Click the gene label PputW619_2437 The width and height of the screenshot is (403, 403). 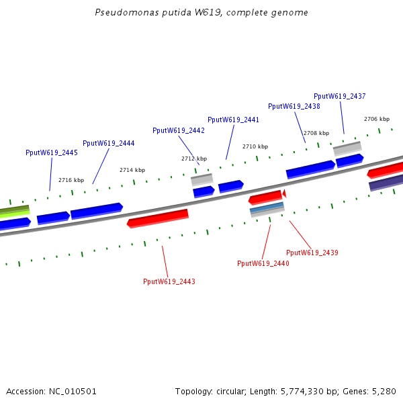(339, 96)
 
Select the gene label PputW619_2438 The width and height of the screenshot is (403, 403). (294, 106)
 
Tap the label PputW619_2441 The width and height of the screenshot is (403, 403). (233, 120)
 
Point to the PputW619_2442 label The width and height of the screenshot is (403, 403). (178, 130)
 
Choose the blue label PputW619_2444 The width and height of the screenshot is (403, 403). (108, 143)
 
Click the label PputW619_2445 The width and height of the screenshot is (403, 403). (51, 152)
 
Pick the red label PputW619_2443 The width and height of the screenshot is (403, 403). (169, 281)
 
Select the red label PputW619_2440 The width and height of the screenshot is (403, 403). (263, 263)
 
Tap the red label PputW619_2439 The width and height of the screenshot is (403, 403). (312, 253)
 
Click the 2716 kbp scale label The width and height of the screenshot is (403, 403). (71, 180)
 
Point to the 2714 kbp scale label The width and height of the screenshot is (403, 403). (132, 171)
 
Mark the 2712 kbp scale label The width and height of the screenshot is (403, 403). (194, 159)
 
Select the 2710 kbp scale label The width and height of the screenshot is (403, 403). (255, 146)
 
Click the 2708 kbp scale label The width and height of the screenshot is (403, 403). (316, 133)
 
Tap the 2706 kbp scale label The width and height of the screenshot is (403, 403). (376, 119)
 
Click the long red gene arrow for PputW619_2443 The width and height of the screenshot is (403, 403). (158, 218)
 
